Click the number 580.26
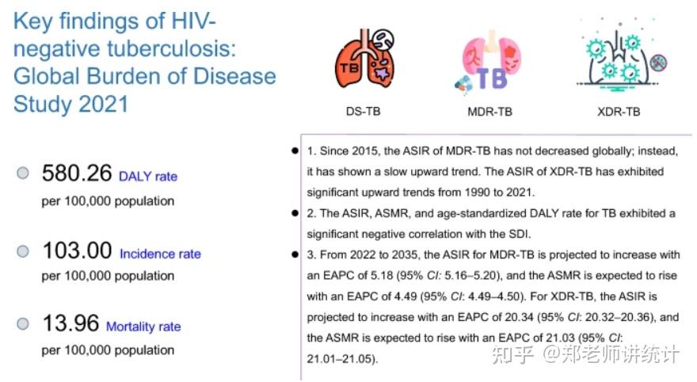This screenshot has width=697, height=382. coord(76,174)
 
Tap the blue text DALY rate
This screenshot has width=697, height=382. coord(147,177)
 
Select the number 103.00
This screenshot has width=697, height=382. coord(76,251)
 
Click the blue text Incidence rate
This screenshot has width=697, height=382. coord(160,254)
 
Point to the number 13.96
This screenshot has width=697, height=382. coord(70,323)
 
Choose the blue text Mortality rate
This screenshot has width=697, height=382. coord(143,327)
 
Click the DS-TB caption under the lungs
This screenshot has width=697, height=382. coord(363,111)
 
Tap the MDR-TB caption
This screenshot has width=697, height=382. coord(489,111)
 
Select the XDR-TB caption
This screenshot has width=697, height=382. coord(619,111)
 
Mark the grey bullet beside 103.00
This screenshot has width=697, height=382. coord(23,252)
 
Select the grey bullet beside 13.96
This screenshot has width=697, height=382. coord(23,324)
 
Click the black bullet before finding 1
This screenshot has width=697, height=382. coord(295,151)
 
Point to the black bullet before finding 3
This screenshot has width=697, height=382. coord(295,254)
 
